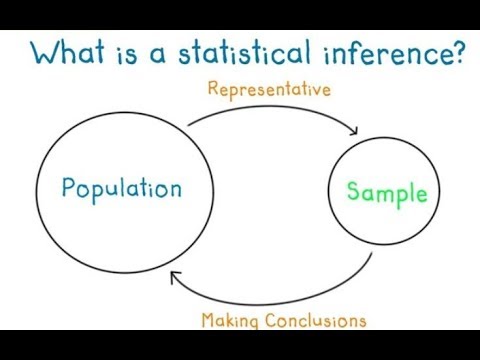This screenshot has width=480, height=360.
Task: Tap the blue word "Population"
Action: click(121, 188)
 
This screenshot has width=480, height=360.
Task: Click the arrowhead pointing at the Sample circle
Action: click(355, 130)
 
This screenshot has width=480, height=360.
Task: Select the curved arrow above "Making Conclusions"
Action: click(280, 298)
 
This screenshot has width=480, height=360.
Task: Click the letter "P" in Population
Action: click(66, 188)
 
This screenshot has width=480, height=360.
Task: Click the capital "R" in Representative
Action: click(213, 90)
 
